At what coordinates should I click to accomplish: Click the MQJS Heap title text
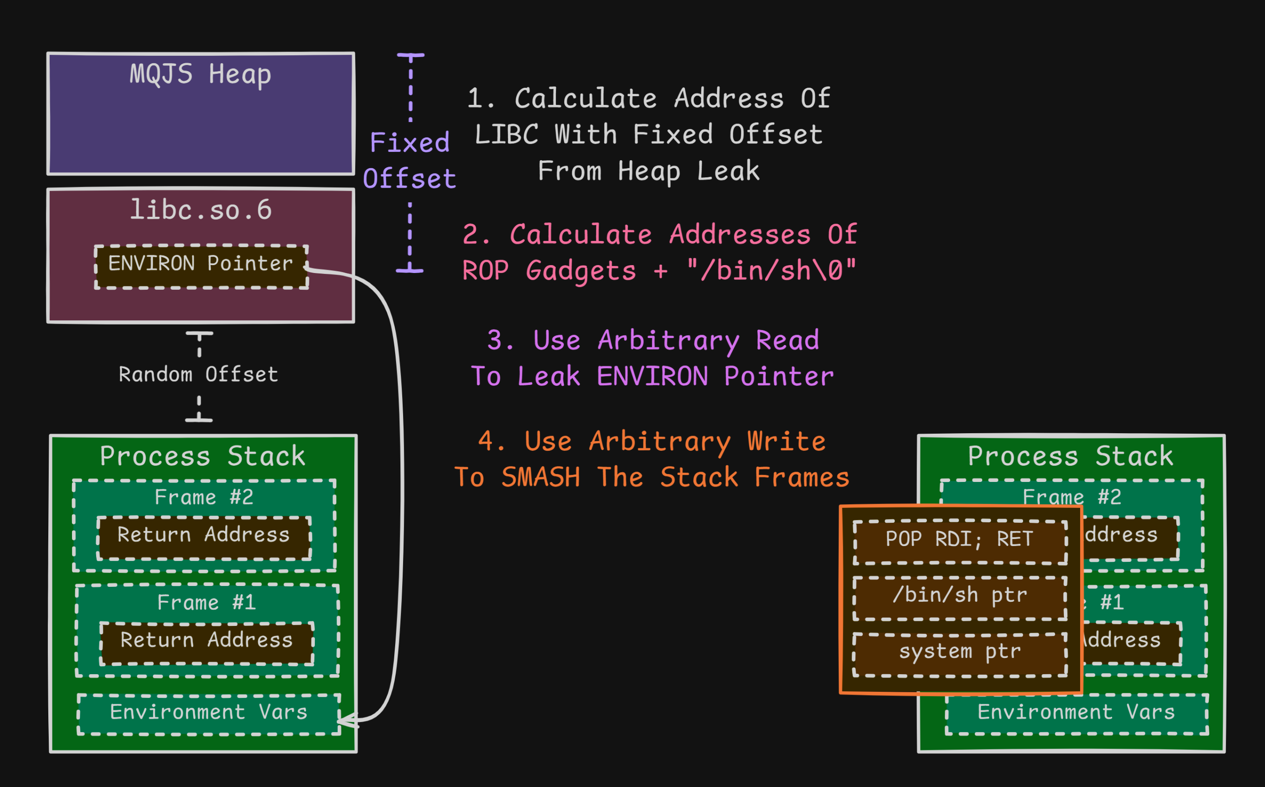tap(201, 74)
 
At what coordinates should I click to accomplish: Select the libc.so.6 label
tap(201, 210)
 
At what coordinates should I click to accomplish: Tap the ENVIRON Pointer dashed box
tap(201, 266)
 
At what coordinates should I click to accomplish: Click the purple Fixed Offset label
tap(410, 160)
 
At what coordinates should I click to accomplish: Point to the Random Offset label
tap(198, 375)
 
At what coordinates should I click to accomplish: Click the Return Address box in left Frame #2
tap(204, 538)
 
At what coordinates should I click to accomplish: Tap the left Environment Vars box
tap(209, 714)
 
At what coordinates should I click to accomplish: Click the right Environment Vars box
tap(1076, 714)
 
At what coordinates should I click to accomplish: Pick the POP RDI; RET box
tap(960, 541)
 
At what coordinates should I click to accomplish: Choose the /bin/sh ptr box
tap(960, 598)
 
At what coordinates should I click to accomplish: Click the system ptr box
tap(960, 654)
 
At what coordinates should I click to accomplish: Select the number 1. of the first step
tap(481, 98)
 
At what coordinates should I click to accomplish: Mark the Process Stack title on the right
tap(1070, 456)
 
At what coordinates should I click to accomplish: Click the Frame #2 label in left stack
tap(204, 498)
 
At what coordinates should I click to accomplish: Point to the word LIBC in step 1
tap(506, 135)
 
